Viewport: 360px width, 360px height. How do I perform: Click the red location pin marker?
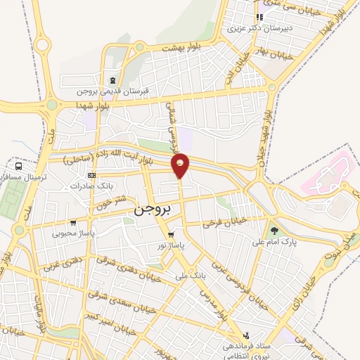[181, 165]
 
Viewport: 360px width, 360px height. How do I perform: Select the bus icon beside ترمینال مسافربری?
[17, 167]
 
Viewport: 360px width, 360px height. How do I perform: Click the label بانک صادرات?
[91, 186]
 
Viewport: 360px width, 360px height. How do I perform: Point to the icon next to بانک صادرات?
[91, 175]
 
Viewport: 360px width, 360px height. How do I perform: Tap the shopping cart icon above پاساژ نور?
[171, 234]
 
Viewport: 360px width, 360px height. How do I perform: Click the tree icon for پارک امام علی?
[274, 230]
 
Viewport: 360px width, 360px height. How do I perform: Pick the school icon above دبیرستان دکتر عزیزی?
[259, 18]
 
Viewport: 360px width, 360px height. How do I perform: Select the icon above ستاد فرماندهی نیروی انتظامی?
[246, 336]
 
